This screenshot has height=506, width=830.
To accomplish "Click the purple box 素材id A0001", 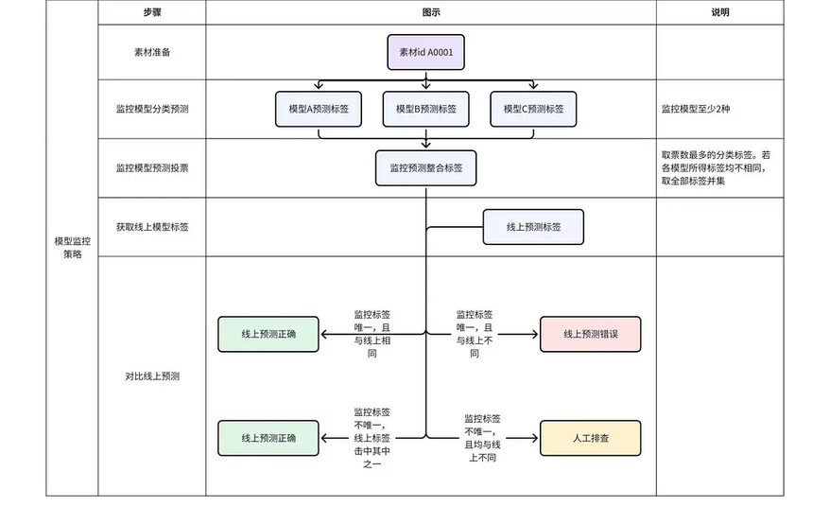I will coord(425,52).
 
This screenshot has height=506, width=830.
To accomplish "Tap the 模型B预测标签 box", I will coord(425,110).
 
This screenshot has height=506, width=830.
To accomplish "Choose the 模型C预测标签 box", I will coord(533,110).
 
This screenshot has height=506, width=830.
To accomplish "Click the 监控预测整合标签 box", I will coord(425,167).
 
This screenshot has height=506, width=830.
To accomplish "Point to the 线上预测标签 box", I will coord(533,227).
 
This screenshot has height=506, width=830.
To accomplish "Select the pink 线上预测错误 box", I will coord(590,334).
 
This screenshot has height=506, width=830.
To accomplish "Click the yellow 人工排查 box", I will coord(590,438).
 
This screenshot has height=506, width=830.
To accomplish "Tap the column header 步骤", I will coord(151,12).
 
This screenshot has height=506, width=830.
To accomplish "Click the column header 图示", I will coord(431,12).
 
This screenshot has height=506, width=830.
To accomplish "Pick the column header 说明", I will coord(719,12).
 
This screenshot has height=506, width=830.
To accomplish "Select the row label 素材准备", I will coord(151,52).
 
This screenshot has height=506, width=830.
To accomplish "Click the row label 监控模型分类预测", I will coord(151,110).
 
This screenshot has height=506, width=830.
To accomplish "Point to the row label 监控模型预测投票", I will coord(151,167).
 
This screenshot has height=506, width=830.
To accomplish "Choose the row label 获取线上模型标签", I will coord(151,227).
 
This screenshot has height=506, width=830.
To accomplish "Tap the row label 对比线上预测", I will coord(151,375).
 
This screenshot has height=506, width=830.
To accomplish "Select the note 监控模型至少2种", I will coord(696,110).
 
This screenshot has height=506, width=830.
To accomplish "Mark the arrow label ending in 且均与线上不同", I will coord(482,438).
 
